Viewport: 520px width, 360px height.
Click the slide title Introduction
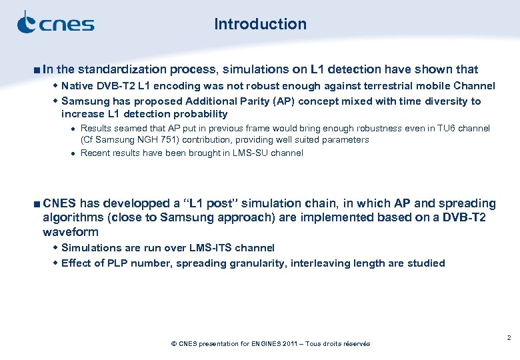coord(260,24)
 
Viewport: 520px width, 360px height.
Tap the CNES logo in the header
coord(55,23)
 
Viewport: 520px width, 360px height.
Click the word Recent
coord(95,153)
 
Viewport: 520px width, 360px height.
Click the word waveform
coord(71,232)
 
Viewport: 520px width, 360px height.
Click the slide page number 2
coord(509,338)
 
